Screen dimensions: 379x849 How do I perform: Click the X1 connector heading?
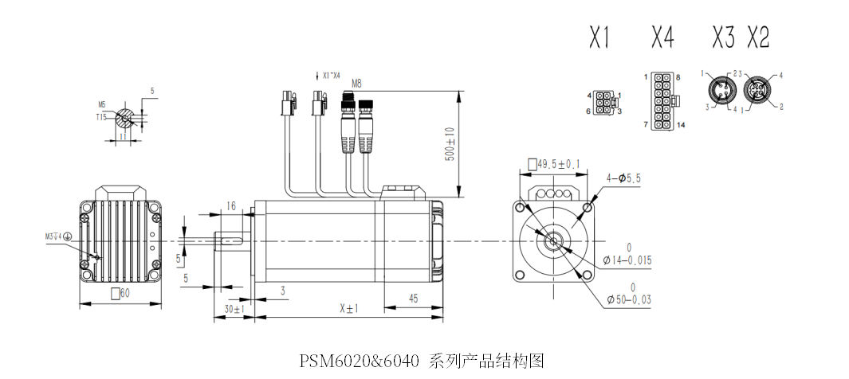[x=599, y=37]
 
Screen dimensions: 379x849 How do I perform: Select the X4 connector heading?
[x=662, y=37]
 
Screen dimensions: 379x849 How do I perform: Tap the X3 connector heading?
[x=723, y=37]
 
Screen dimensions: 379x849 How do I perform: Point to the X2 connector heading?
[x=759, y=37]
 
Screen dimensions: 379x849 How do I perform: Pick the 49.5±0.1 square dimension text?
[x=554, y=165]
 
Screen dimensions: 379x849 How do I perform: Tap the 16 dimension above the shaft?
[x=231, y=205]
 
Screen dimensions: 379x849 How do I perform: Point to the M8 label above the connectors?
[x=356, y=84]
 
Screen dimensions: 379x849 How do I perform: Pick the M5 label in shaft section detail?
[x=102, y=104]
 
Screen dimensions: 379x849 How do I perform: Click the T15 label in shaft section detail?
[x=101, y=117]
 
